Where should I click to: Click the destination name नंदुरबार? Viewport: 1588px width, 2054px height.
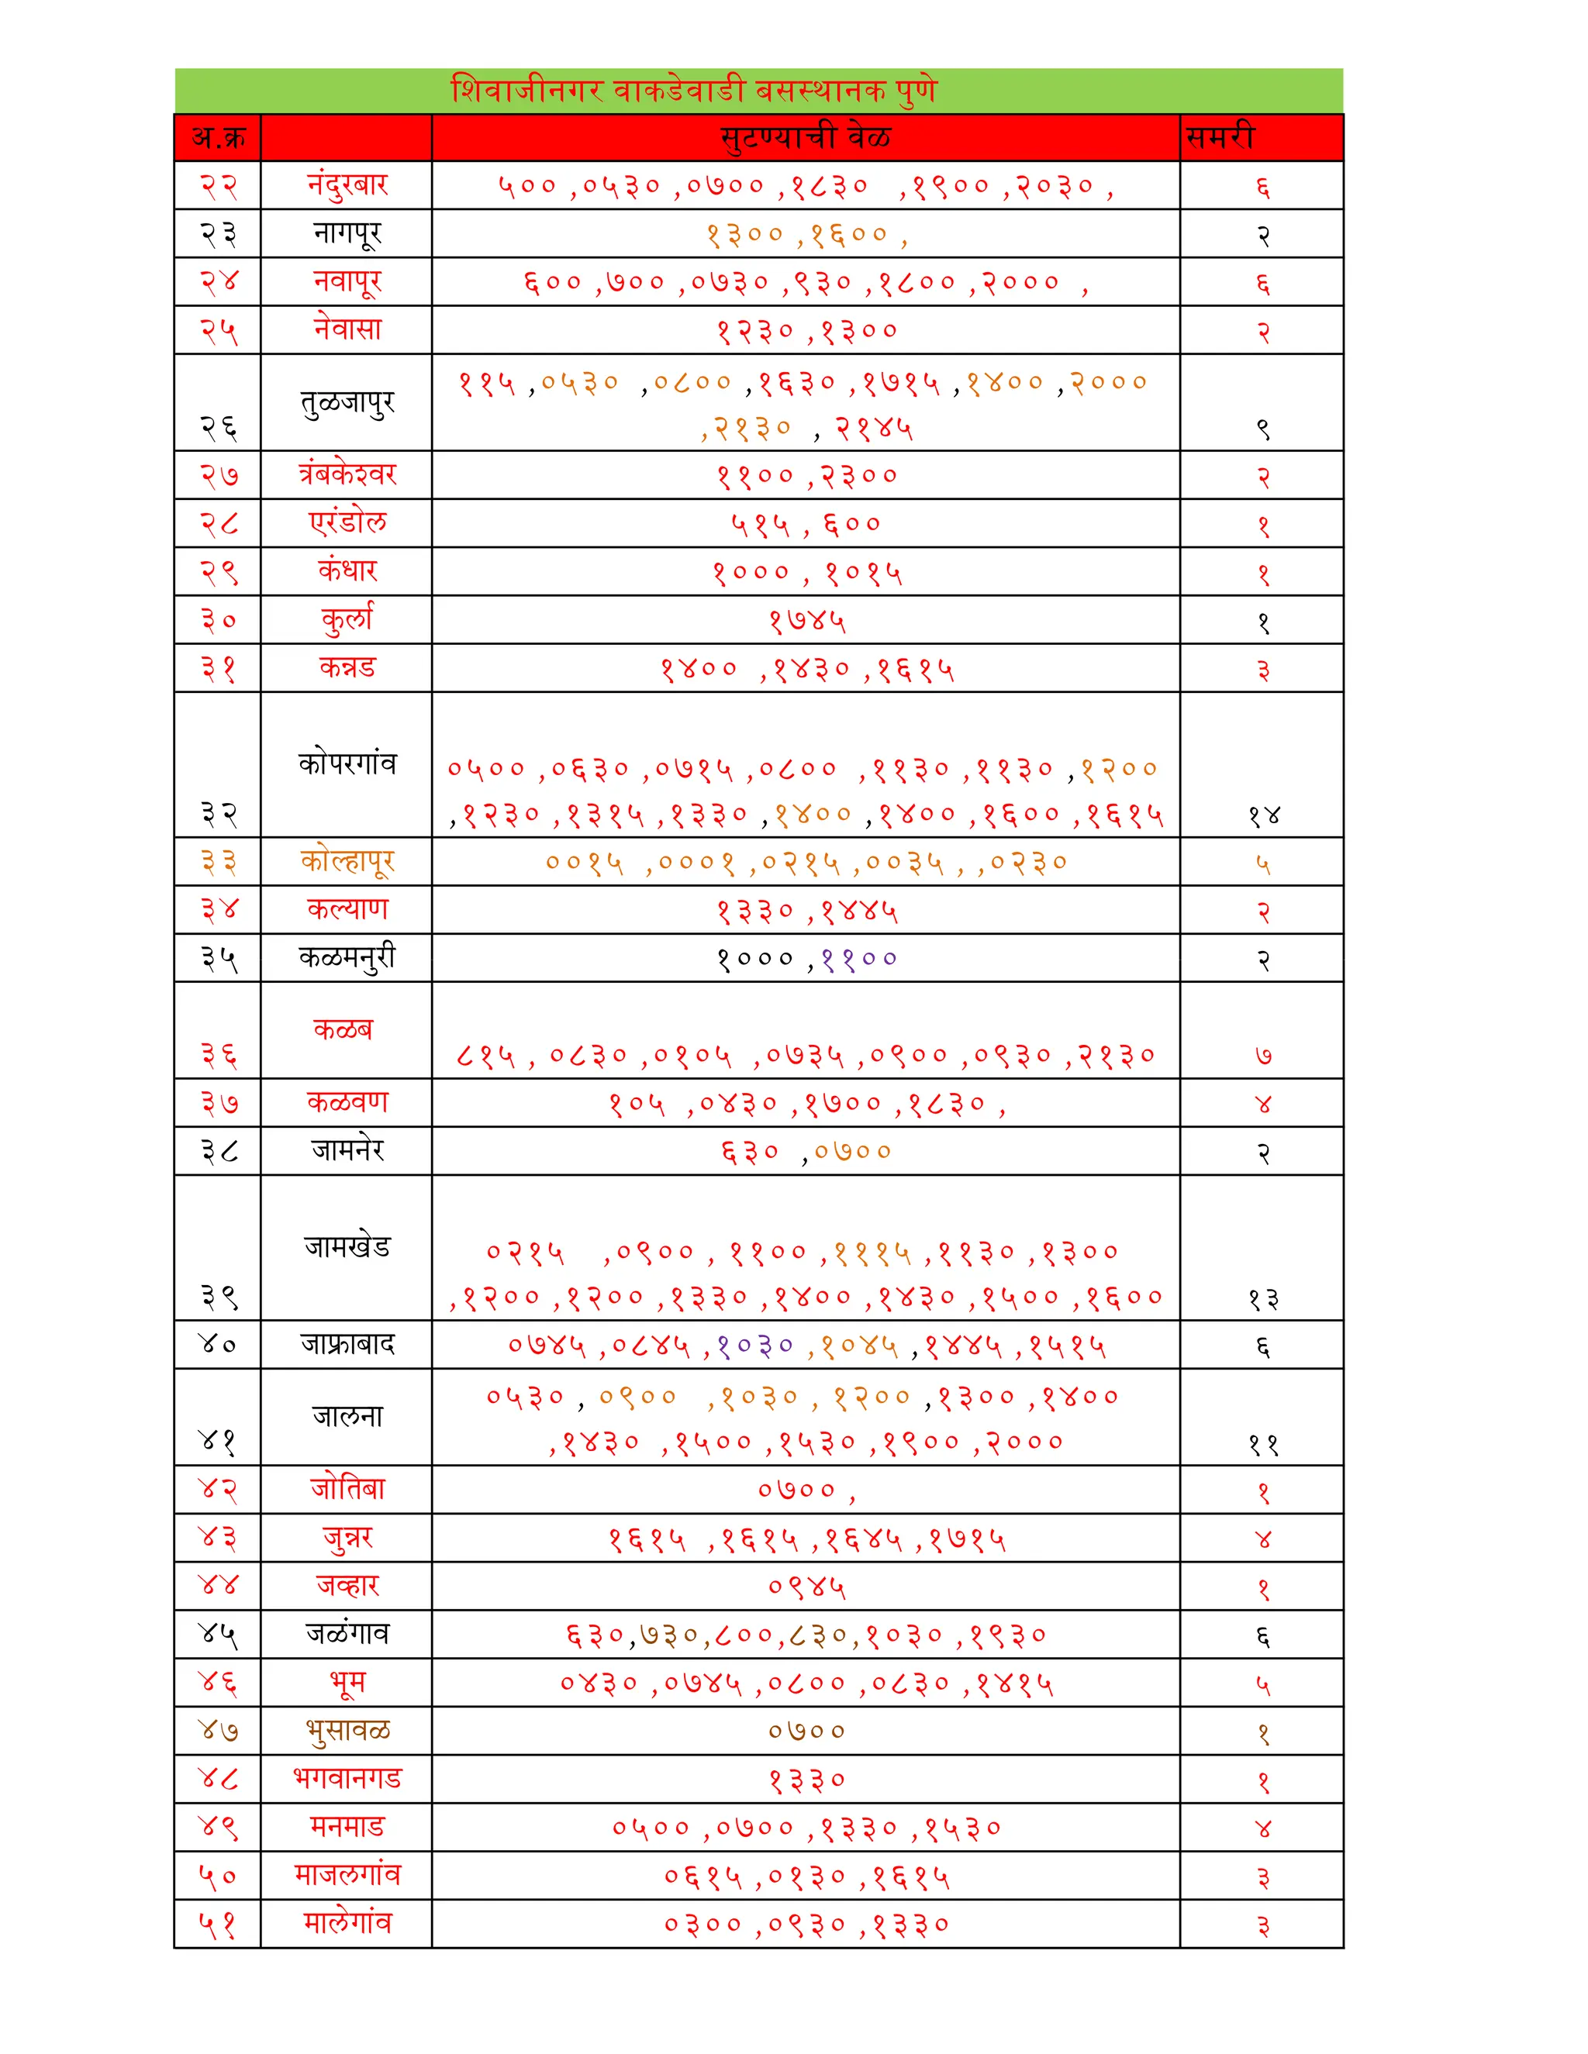[x=347, y=184]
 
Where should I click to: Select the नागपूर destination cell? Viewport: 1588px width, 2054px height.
[x=347, y=233]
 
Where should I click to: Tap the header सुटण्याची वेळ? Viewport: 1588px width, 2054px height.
[x=806, y=137]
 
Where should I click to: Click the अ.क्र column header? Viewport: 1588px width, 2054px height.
[x=218, y=137]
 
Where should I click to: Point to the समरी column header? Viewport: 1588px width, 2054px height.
[x=1220, y=137]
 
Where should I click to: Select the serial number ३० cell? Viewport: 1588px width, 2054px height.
[x=218, y=621]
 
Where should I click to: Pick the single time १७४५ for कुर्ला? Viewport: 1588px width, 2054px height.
[x=807, y=622]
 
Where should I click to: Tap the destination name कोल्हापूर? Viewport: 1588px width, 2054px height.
[x=347, y=861]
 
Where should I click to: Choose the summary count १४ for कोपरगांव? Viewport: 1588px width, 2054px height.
[x=1263, y=815]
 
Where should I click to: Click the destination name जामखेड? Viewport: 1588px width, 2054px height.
[x=347, y=1246]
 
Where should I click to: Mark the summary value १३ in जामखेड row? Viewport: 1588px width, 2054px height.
[x=1263, y=1300]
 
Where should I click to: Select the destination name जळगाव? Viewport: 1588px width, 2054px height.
[x=347, y=1634]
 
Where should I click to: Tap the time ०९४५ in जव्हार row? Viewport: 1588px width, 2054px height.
[x=807, y=1587]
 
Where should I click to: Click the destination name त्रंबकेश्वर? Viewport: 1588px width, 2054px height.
[x=347, y=475]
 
